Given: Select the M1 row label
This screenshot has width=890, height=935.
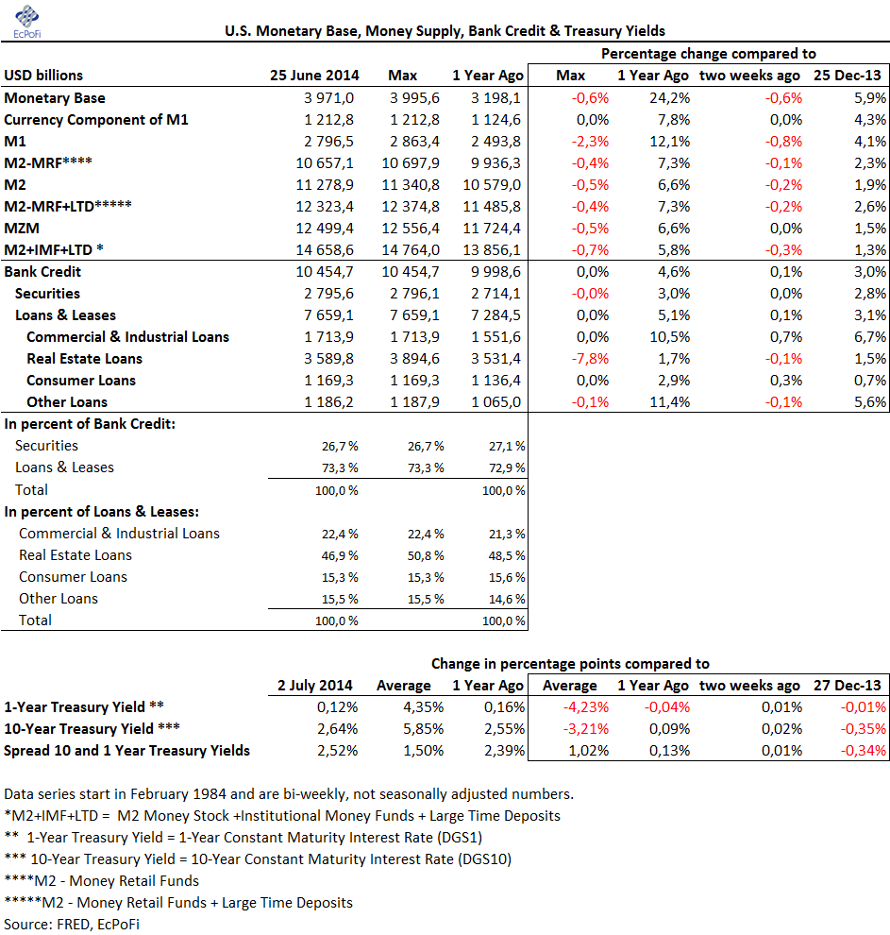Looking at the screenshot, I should point(16,142).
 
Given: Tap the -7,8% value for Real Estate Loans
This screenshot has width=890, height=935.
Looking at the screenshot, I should point(590,359).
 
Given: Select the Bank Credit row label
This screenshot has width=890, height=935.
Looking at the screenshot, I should point(42,272).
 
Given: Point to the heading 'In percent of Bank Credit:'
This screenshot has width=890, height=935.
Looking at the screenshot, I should point(91,424).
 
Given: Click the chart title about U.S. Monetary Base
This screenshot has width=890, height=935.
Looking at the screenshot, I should point(445,31).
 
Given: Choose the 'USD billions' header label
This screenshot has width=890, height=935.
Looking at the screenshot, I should point(43,76).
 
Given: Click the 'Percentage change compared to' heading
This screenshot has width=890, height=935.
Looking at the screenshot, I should point(709,54).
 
